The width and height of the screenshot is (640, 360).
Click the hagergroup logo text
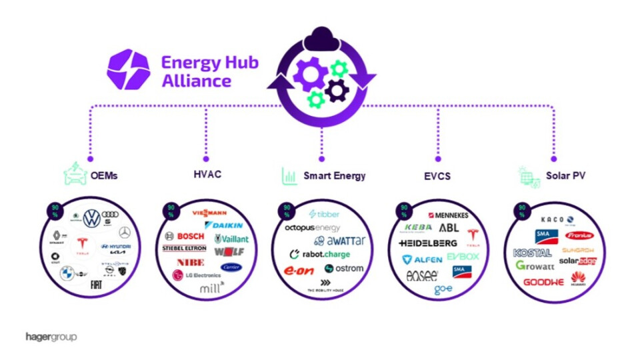[51, 337]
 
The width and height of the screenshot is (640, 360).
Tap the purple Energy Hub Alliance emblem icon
[128, 69]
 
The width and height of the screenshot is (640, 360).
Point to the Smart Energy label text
[334, 176]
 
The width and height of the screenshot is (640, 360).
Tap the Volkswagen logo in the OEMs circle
[91, 217]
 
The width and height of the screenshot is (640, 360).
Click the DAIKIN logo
[224, 225]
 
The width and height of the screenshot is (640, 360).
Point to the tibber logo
[324, 214]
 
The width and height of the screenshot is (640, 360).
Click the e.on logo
[299, 271]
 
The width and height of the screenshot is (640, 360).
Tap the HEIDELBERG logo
[428, 243]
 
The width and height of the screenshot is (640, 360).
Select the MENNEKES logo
[448, 215]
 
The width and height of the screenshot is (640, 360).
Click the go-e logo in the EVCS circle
[443, 290]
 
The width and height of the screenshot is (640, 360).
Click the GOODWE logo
[543, 282]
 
